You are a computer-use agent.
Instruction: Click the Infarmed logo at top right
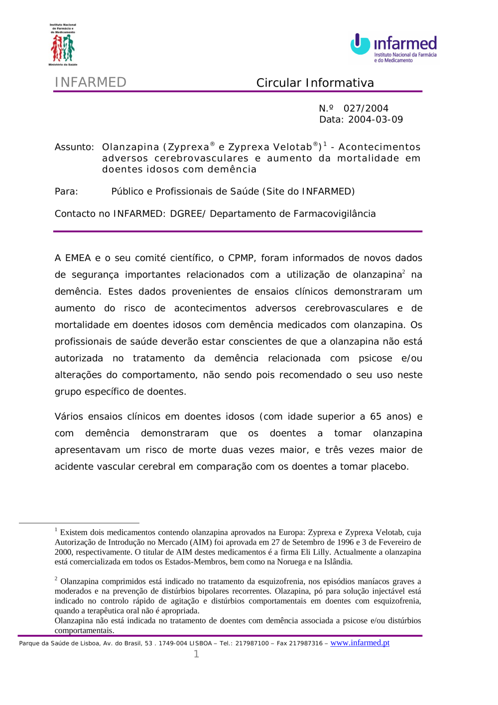(x=393, y=48)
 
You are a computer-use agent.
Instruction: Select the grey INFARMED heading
(x=91, y=82)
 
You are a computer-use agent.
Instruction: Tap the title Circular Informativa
(x=315, y=83)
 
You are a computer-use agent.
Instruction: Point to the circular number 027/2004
(x=366, y=109)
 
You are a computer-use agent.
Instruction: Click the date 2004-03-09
(x=375, y=120)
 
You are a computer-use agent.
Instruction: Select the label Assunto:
(x=74, y=147)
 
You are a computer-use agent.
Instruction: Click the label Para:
(x=66, y=191)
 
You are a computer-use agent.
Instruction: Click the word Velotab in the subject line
(x=292, y=147)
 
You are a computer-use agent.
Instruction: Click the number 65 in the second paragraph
(x=375, y=417)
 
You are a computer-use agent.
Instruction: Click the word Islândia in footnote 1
(x=337, y=562)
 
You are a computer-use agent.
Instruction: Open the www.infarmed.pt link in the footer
(x=360, y=643)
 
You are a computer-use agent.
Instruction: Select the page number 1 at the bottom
(x=196, y=654)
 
